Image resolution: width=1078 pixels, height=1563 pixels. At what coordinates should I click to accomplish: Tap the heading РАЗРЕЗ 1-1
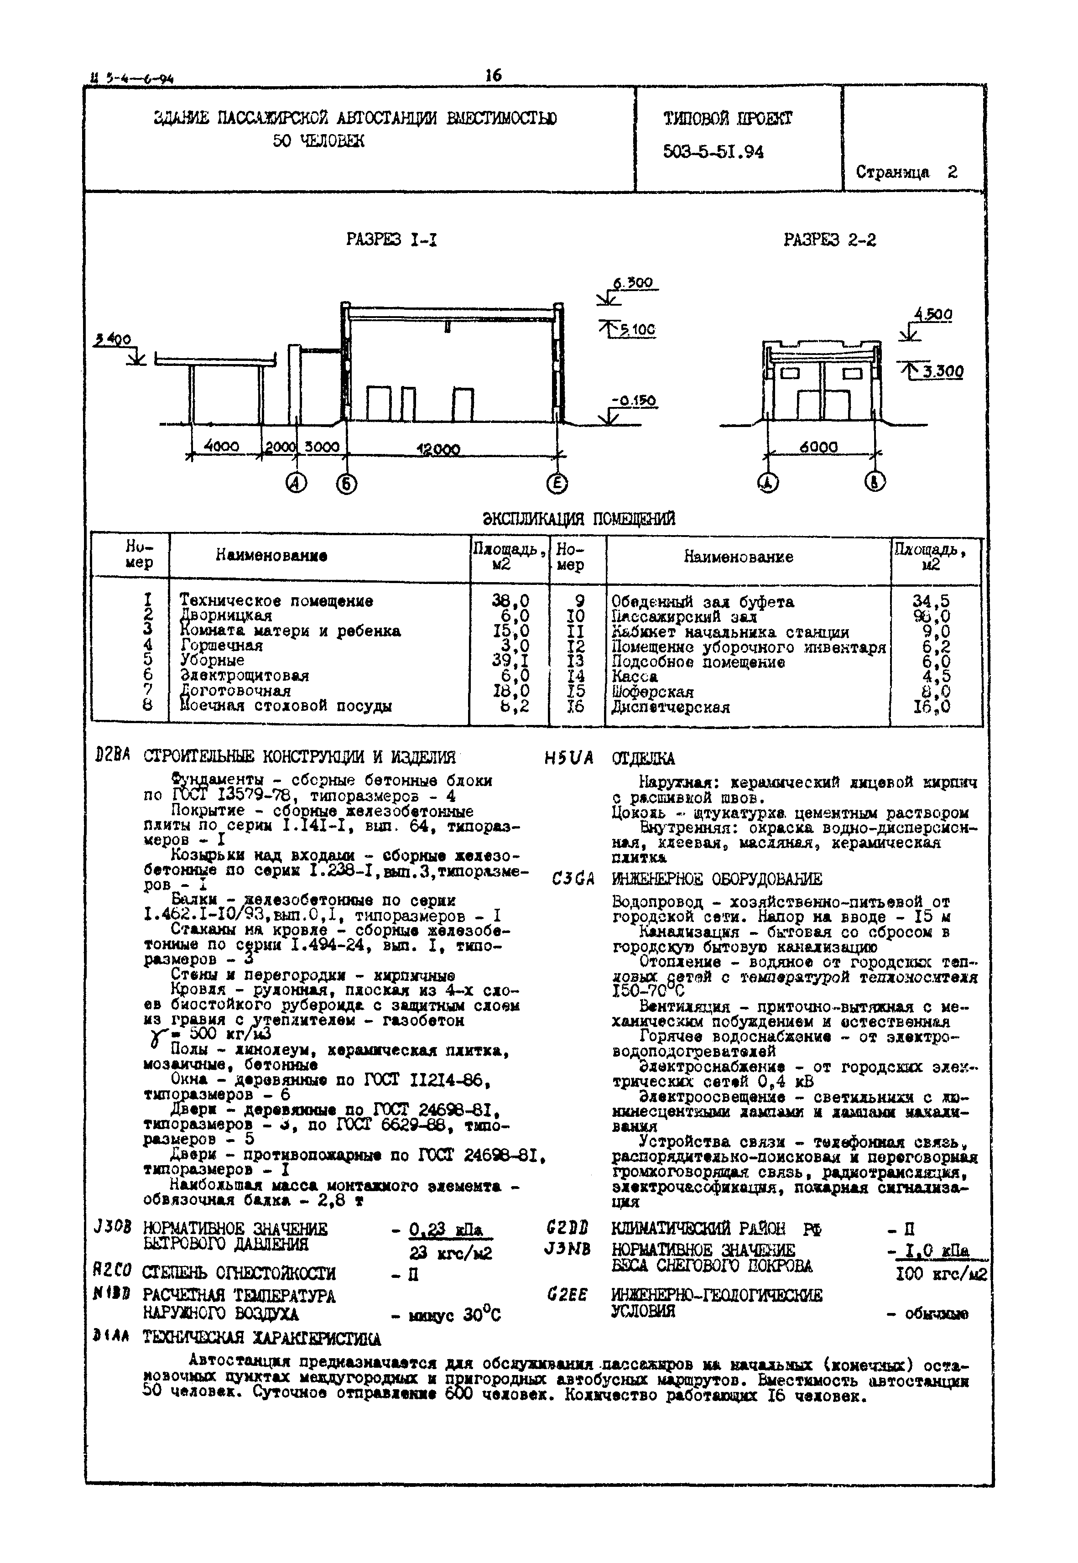pos(392,240)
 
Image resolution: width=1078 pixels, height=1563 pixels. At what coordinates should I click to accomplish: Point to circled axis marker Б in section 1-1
pos(347,484)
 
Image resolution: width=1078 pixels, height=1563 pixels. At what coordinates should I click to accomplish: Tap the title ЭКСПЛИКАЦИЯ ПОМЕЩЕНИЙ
pos(579,519)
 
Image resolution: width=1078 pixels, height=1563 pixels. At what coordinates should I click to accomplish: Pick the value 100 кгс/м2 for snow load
pos(941,1275)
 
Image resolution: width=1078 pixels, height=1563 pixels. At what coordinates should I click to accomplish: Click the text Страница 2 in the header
pos(906,172)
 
